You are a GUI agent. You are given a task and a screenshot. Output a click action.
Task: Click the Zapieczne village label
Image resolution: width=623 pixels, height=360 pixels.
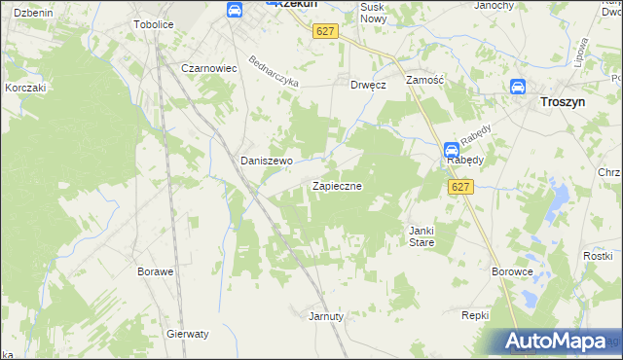pos(337,185)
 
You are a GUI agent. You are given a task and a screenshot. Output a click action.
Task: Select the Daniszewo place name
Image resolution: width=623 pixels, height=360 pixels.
pos(267,161)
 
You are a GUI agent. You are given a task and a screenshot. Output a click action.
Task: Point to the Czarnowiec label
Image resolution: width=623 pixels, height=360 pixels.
pos(210,69)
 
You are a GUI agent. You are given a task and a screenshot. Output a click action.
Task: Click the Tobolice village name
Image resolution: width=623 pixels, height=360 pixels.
pos(153,24)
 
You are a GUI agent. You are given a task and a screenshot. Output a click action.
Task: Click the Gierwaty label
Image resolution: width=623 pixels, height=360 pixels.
pos(188,333)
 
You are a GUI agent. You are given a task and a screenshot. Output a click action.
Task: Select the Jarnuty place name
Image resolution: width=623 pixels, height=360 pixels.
pos(326,316)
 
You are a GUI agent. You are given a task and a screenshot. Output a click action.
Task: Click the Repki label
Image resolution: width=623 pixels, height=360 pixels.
pos(475,316)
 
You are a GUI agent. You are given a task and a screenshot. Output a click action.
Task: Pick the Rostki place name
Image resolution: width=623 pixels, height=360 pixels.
pos(597,255)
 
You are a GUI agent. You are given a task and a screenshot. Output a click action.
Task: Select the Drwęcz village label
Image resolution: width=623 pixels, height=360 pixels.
pos(369,85)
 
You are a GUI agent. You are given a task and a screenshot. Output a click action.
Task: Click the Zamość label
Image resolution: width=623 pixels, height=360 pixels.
pos(425,81)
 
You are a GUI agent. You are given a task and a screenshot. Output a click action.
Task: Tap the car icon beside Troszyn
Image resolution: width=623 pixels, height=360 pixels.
pos(519,87)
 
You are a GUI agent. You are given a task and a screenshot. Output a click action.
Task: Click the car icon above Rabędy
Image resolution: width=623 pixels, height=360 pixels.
pos(452,150)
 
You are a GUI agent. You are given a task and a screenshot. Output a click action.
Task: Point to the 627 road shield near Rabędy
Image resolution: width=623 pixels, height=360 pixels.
pos(461,187)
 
